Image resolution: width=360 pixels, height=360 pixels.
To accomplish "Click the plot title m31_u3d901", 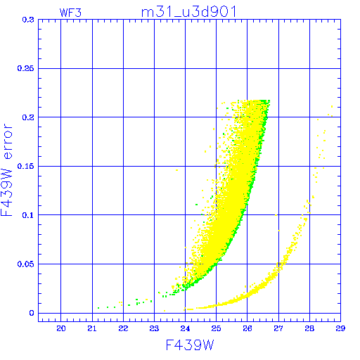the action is (189, 12).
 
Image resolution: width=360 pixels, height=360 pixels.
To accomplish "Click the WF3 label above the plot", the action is (70, 13).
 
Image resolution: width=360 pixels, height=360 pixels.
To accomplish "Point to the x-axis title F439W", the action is (190, 345).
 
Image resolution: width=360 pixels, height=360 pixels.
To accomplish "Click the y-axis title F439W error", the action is (6, 170).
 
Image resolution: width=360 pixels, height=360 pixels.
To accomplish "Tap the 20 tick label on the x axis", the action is (61, 328).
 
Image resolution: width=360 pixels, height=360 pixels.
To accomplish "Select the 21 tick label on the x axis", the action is (92, 328).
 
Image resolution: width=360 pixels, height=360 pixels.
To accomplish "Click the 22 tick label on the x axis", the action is (123, 328).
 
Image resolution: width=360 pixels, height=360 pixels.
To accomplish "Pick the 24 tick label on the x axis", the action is (185, 328).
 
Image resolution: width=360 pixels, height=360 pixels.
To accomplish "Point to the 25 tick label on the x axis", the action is (216, 328).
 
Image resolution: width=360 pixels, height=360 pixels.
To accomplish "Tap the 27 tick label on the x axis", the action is (278, 328).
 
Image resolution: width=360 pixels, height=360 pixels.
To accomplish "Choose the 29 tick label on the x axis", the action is (340, 328).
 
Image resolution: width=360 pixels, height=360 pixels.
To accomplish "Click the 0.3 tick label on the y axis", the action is (28, 20).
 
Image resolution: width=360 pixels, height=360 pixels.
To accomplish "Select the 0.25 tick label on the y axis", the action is (25, 68).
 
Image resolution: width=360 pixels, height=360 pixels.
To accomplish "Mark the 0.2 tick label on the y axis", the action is (28, 117).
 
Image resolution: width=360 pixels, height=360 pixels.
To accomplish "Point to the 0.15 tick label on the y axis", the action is (25, 166).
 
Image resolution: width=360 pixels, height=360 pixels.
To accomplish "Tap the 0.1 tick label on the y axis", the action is (28, 215).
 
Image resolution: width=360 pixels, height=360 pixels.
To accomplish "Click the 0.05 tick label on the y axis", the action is (25, 264).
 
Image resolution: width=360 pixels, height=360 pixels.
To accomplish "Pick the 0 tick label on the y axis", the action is (32, 313).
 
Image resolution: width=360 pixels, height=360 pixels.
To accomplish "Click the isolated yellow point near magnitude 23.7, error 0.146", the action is (176, 170).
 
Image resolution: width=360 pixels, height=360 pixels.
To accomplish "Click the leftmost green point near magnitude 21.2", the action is (98, 308).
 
